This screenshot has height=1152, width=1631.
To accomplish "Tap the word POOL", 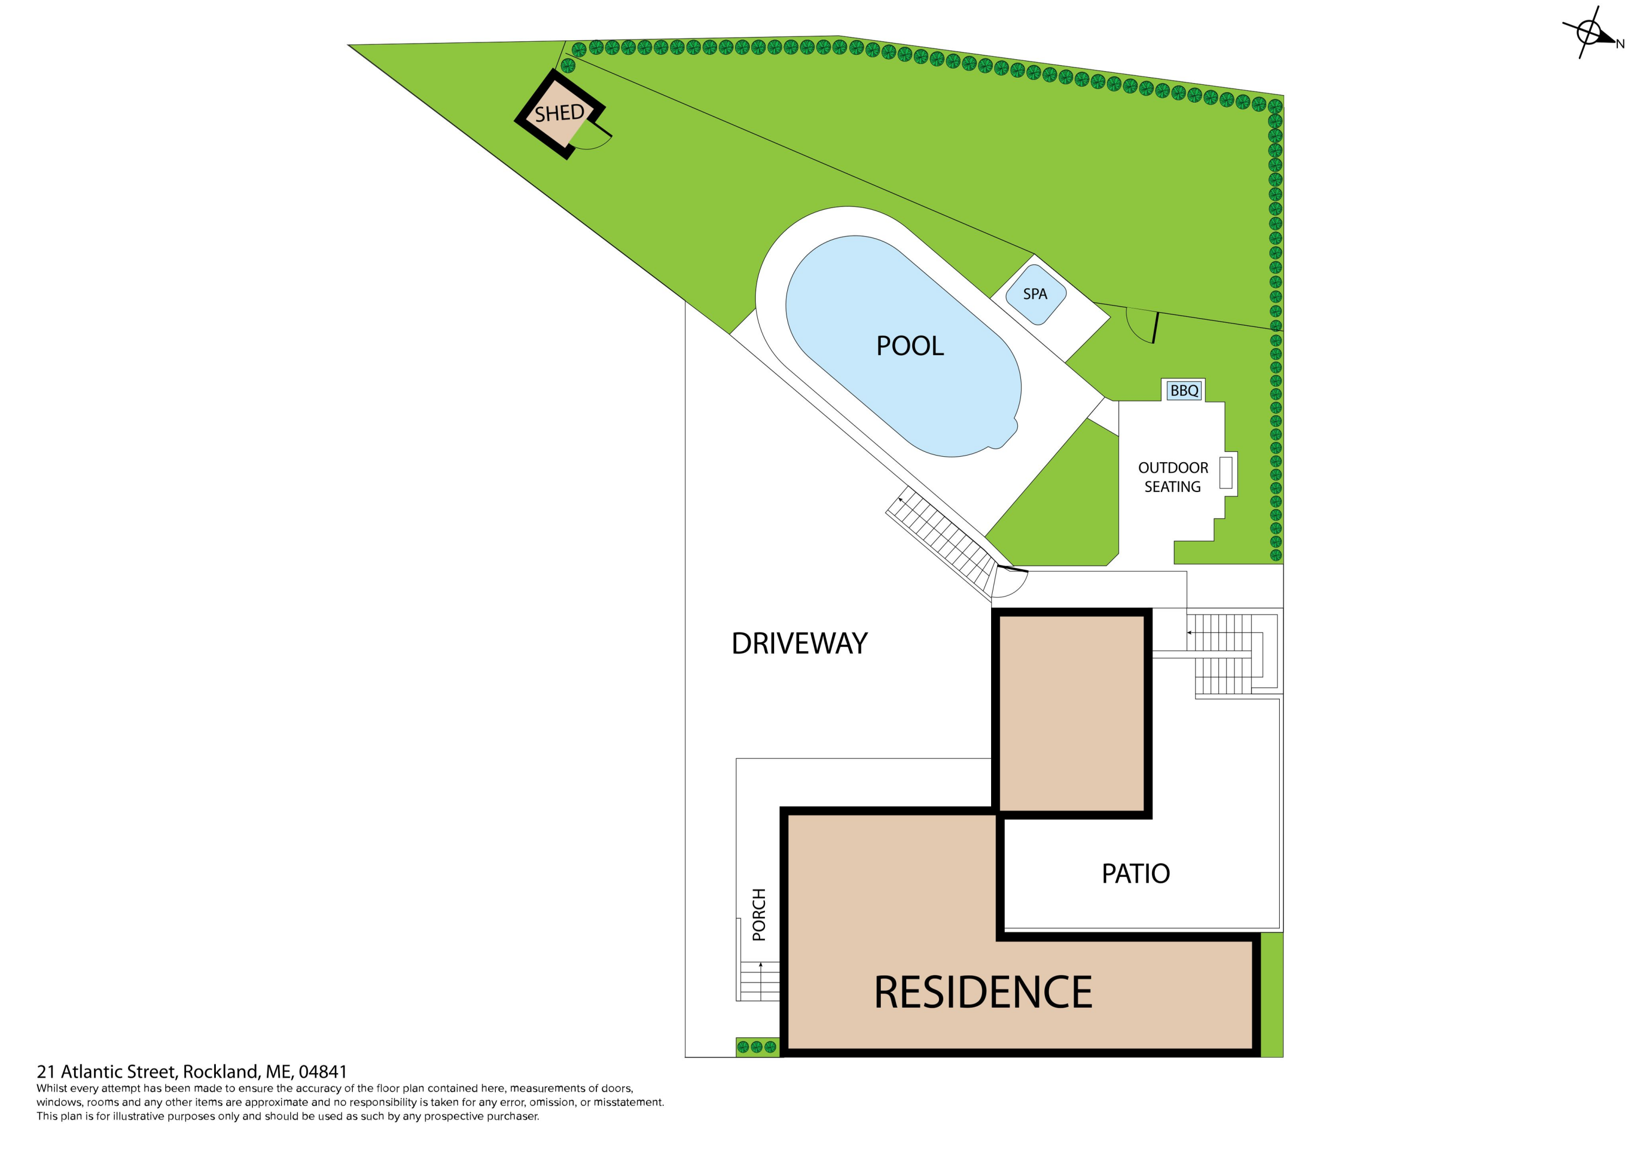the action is point(910,346).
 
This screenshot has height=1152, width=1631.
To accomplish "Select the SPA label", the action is point(1035,294).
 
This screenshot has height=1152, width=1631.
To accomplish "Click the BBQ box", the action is point(1184,390).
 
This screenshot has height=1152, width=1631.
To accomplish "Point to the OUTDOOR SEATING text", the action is point(1173,477).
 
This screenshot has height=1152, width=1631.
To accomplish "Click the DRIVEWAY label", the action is point(799,644).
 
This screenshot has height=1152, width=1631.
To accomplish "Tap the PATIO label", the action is point(1135,874).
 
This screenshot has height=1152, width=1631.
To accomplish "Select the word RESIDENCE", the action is point(983,992).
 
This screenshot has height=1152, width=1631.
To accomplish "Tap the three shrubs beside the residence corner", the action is point(757,1047).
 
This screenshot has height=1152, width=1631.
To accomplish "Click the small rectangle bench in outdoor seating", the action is point(1225,472).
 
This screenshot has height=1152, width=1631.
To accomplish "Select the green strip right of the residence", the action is point(1272,995).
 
